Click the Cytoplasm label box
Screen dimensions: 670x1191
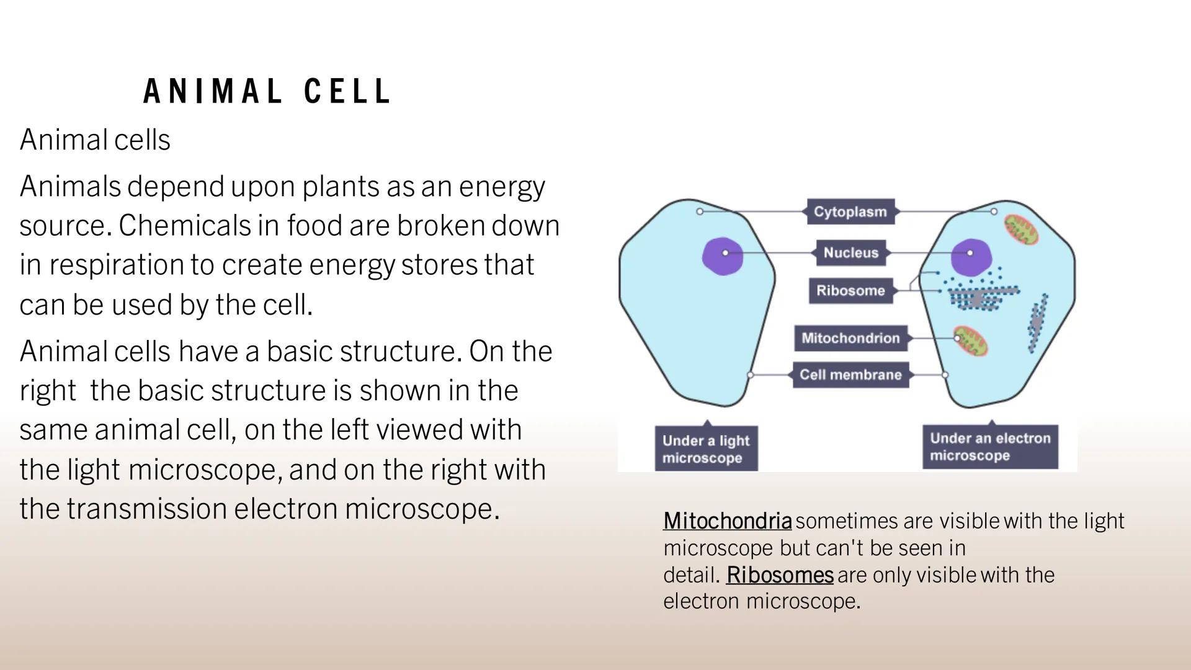pos(850,212)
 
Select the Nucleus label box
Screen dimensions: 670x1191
pos(850,252)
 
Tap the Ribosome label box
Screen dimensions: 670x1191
pos(850,290)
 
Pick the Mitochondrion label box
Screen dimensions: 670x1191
pos(850,338)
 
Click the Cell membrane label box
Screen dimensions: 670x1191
pos(850,375)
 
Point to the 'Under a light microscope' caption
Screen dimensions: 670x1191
pos(706,449)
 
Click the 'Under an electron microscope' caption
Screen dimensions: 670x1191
pos(990,447)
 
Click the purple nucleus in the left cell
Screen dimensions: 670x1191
pos(723,256)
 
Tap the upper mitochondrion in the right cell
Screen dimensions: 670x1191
pos(1021,230)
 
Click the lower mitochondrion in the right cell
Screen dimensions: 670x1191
pos(971,341)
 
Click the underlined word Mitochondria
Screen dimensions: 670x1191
pos(727,520)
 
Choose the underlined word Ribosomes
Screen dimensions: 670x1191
pos(780,574)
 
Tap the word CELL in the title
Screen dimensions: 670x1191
pos(347,92)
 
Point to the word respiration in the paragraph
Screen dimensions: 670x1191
pos(117,265)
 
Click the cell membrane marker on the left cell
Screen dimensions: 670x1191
pos(751,375)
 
